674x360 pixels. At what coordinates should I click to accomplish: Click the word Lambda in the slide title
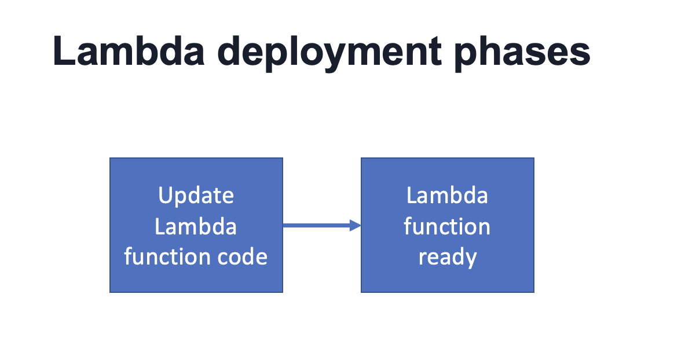129,52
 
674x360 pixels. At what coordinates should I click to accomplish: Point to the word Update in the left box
196,196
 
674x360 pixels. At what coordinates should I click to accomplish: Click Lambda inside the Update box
196,226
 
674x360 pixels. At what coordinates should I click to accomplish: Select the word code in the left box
244,256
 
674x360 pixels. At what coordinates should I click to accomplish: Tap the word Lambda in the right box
447,196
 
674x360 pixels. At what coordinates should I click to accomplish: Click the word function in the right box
447,226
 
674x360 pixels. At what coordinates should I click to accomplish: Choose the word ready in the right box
447,256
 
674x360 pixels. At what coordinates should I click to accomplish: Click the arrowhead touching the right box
356,226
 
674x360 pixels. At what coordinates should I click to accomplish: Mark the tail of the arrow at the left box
285,226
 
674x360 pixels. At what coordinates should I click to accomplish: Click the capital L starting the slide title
63,52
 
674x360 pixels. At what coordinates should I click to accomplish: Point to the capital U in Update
166,196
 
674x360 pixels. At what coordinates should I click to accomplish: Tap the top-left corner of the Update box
111,159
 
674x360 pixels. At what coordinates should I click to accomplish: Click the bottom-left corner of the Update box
111,292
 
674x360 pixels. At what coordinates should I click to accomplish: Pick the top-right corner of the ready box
533,159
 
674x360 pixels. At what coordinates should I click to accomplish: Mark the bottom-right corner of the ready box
533,292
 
